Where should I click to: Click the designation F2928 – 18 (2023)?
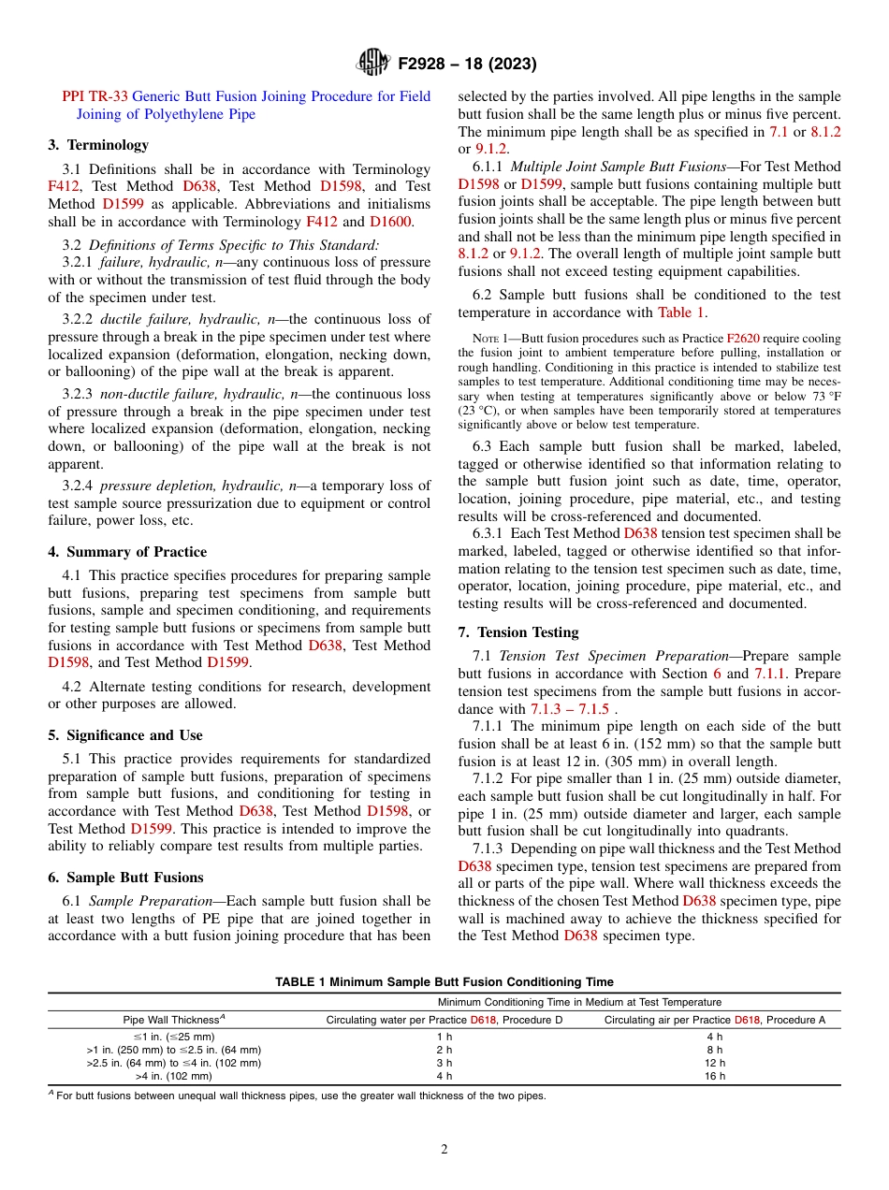[467, 65]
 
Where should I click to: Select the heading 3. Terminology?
[98, 145]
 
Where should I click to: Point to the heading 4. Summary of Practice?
[127, 552]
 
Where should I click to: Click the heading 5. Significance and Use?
[125, 735]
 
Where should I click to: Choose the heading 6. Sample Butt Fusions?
[125, 878]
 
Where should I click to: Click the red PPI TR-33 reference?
[95, 96]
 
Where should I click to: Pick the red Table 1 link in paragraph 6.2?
[681, 312]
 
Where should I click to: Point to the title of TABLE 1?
[444, 981]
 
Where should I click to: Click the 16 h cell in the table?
[714, 1076]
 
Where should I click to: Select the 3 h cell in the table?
[444, 1063]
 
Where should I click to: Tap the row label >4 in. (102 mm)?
[173, 1076]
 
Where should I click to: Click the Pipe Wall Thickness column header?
[173, 1020]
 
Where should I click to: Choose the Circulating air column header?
[714, 1020]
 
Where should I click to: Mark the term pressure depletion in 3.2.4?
[152, 486]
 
